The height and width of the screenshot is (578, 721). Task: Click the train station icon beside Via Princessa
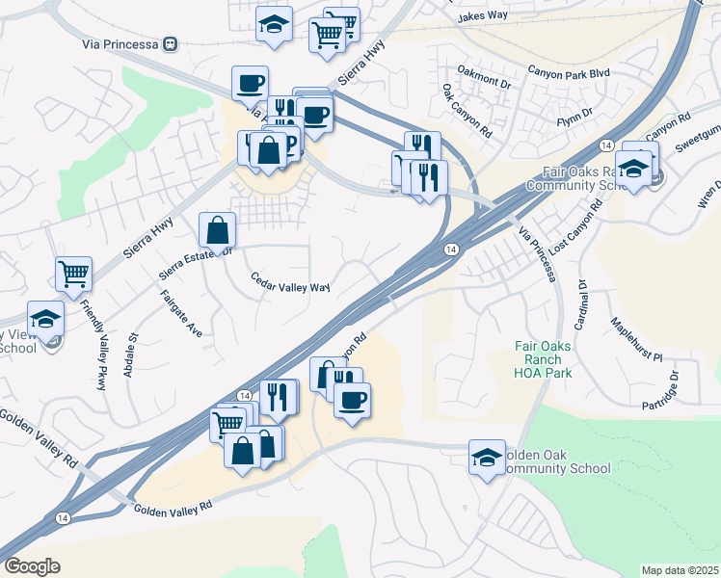(172, 43)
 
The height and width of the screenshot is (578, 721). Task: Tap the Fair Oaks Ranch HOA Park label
(542, 358)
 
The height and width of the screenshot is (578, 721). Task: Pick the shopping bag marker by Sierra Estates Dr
(218, 229)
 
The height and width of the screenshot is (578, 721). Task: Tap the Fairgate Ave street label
(181, 313)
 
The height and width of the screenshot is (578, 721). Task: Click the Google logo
(32, 565)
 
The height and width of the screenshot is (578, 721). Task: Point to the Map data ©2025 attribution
(680, 570)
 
